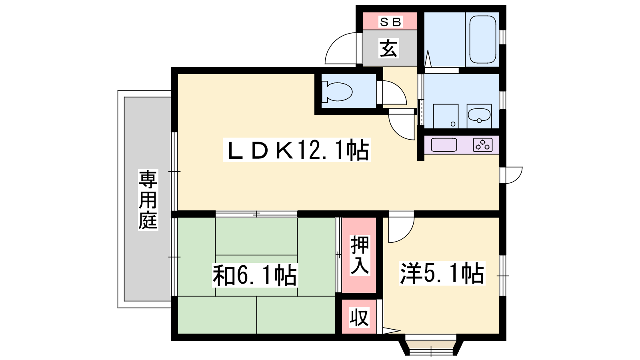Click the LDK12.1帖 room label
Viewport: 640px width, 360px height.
(296, 150)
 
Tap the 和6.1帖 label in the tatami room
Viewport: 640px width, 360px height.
(255, 275)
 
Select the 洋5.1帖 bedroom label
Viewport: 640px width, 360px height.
(442, 273)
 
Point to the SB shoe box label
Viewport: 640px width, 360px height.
(390, 22)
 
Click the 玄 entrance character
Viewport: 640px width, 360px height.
(388, 48)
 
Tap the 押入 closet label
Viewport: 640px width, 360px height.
(360, 255)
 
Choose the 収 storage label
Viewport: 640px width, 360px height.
(360, 317)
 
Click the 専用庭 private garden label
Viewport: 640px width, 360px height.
(148, 200)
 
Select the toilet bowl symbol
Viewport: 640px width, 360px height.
(337, 92)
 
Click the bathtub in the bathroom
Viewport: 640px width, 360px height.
(482, 40)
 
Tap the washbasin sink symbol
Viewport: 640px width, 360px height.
(479, 115)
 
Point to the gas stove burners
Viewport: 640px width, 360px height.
(483, 144)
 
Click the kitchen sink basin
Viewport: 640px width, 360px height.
(444, 145)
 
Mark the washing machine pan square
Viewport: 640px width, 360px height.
(446, 116)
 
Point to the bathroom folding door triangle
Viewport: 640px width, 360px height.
(428, 59)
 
